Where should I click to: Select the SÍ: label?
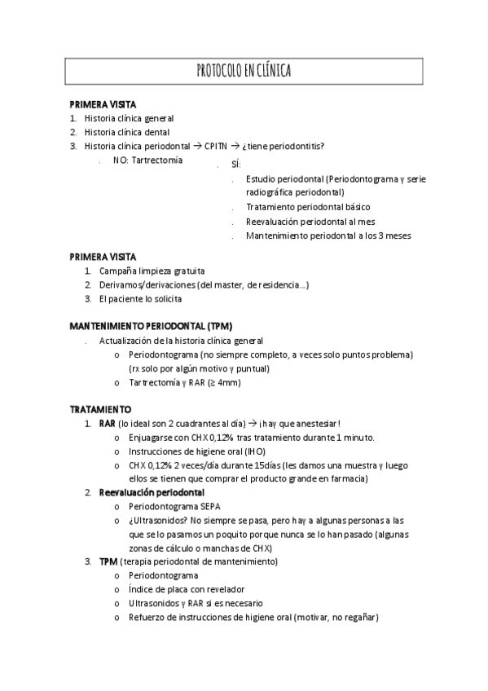(x=235, y=165)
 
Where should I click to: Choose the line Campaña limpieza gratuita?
(x=152, y=270)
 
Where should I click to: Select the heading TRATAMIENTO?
(x=100, y=409)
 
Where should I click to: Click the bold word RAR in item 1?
(x=107, y=424)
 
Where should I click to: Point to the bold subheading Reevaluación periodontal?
(x=152, y=492)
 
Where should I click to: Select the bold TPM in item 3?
(x=108, y=561)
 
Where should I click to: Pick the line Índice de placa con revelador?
(x=186, y=589)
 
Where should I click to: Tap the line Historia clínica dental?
(x=129, y=132)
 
